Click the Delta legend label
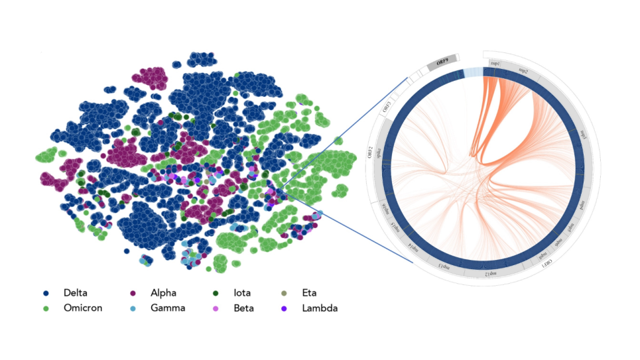tap(75, 293)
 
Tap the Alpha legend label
tap(163, 293)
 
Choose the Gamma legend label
tap(168, 308)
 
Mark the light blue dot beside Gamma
tap(133, 308)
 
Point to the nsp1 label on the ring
tap(495, 62)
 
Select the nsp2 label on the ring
tap(523, 70)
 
